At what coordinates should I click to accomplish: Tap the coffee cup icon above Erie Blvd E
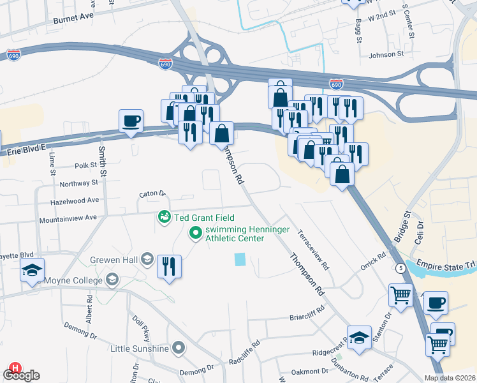tap(131, 121)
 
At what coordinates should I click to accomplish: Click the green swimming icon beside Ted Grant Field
tap(165, 218)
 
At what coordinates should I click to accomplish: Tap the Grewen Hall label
tap(115, 259)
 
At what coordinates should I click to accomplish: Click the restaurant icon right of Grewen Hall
tap(169, 266)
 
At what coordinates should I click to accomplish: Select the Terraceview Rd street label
tap(312, 249)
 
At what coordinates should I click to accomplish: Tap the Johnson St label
tap(386, 55)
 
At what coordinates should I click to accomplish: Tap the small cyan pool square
tap(240, 259)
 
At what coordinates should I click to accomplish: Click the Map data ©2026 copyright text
tap(449, 378)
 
